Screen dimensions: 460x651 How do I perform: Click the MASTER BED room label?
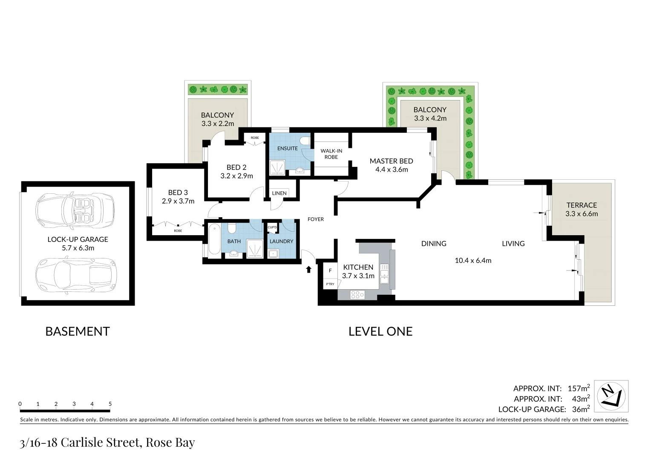click(x=391, y=161)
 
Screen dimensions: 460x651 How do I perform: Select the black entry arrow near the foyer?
click(x=308, y=270)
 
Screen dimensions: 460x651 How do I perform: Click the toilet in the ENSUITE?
click(x=305, y=141)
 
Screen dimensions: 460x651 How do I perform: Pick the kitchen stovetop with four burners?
click(x=357, y=294)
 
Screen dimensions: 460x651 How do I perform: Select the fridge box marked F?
click(x=330, y=271)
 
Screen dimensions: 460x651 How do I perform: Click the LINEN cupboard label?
click(x=279, y=193)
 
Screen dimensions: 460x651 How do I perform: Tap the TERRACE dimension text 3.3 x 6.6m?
click(x=582, y=214)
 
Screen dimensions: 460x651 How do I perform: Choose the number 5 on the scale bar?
click(x=110, y=404)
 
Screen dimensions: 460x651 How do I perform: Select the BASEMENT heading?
click(x=78, y=331)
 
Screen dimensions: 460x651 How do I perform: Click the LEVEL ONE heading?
click(x=380, y=331)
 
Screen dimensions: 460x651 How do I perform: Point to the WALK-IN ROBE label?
click(x=331, y=154)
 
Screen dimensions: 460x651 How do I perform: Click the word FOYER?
click(x=316, y=219)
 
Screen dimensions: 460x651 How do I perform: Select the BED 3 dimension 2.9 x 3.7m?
click(x=178, y=201)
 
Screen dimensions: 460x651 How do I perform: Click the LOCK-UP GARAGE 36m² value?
click(x=580, y=409)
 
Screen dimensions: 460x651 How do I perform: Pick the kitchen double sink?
click(x=384, y=273)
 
